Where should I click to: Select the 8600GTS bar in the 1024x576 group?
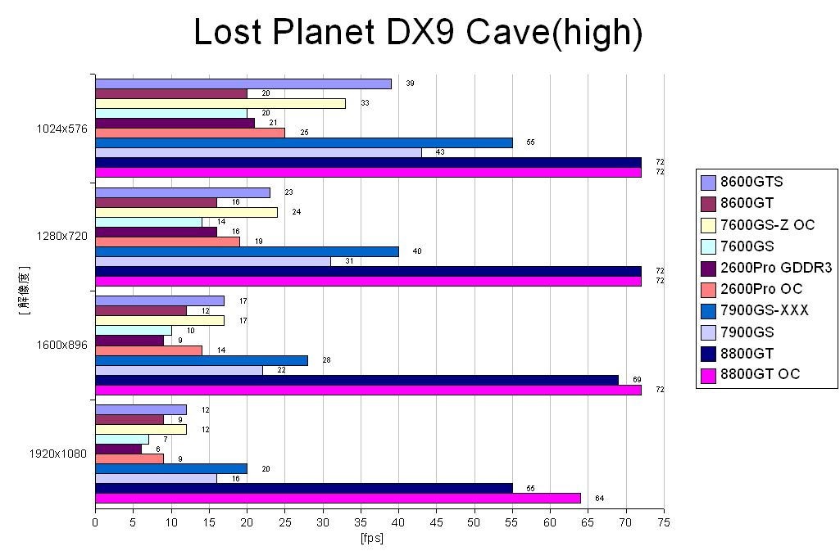coord(243,84)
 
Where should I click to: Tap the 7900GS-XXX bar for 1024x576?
coord(304,142)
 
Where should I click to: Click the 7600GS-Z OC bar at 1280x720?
coord(186,212)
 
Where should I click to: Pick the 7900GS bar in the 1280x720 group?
coord(213,261)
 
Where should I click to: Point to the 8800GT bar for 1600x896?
coord(356,380)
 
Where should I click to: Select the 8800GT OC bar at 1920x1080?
coord(338,498)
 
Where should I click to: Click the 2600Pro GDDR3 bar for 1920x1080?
coord(118,449)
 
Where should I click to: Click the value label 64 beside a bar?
coord(600,498)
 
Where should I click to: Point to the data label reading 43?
coord(440,152)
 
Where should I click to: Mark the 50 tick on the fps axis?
coord(474,522)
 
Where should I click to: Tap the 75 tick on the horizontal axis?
coord(664,522)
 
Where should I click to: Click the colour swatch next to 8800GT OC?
coord(709,374)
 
